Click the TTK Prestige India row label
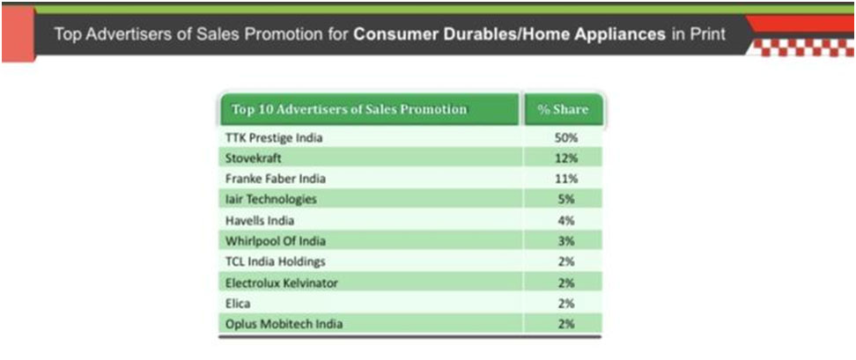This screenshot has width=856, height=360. pyautogui.click(x=274, y=138)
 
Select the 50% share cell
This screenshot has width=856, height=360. pyautogui.click(x=565, y=138)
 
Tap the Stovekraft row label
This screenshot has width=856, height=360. pyautogui.click(x=253, y=158)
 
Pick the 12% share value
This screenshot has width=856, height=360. pyautogui.click(x=565, y=158)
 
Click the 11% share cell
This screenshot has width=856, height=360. pyautogui.click(x=565, y=179)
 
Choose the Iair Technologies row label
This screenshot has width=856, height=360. pyautogui.click(x=270, y=200)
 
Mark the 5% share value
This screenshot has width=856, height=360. pyautogui.click(x=566, y=200)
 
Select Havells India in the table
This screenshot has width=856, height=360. pyautogui.click(x=259, y=220)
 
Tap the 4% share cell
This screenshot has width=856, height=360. pyautogui.click(x=566, y=220)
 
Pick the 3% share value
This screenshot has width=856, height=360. pyautogui.click(x=566, y=241)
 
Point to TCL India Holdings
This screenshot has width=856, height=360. pyautogui.click(x=275, y=261)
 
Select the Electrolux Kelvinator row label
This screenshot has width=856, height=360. pyautogui.click(x=281, y=283)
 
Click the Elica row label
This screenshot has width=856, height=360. pyautogui.click(x=239, y=304)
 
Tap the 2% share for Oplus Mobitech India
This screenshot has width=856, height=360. pyautogui.click(x=566, y=324)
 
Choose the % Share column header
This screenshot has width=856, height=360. pyautogui.click(x=563, y=109)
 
